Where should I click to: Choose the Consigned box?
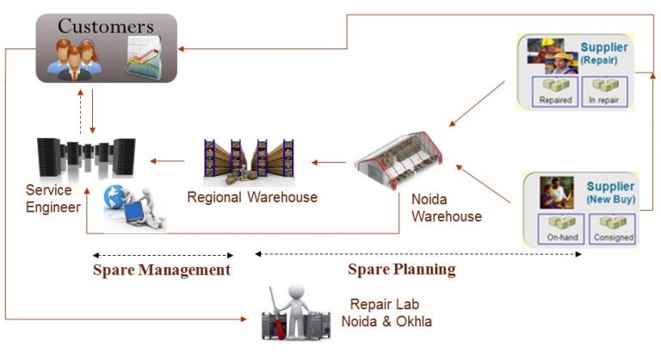click(x=612, y=228)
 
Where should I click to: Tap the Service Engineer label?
click(x=53, y=199)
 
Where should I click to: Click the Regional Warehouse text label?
click(x=252, y=197)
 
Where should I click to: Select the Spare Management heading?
click(x=162, y=270)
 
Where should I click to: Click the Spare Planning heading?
click(x=401, y=269)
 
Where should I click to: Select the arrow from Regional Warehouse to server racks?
click(x=168, y=160)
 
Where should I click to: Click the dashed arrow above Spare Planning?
click(x=418, y=254)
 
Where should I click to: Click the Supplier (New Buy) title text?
click(x=609, y=192)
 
